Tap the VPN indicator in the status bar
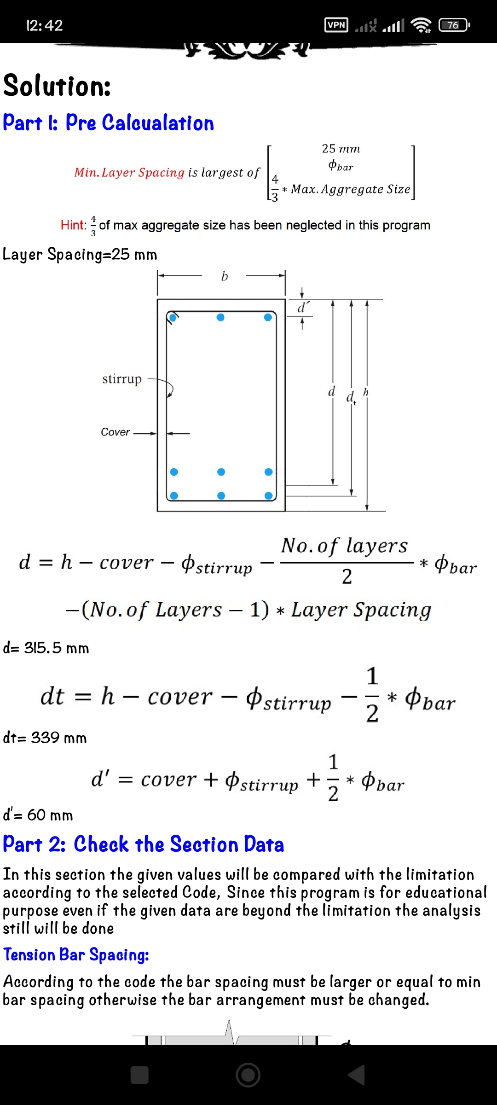336,25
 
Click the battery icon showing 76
454,25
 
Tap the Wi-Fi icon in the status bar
421,25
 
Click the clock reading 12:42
45,25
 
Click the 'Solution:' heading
57,86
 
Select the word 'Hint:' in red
73,225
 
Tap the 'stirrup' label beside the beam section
122,379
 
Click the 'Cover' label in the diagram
115,432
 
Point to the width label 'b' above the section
224,276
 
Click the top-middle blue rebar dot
220,317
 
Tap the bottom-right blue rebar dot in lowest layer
269,495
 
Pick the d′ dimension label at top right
303,308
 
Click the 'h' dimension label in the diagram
366,392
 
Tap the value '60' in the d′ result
36,815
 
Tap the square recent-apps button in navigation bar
139,1076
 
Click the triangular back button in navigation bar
356,1076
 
